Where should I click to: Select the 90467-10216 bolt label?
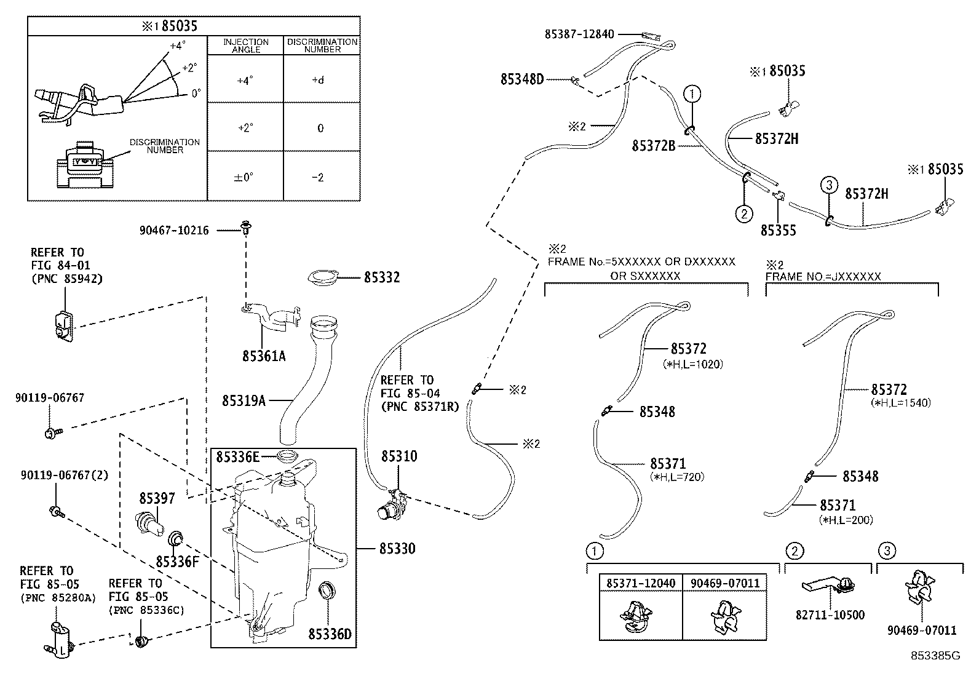point(174,231)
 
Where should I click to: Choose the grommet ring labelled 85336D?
point(327,591)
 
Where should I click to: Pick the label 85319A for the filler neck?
point(244,401)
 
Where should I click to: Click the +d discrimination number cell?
point(317,80)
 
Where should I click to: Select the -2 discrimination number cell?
point(317,177)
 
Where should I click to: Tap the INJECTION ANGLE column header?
point(245,46)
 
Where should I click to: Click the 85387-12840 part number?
point(579,34)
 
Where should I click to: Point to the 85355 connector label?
point(778,231)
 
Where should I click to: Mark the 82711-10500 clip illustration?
point(829,587)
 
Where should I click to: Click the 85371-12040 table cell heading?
point(640,583)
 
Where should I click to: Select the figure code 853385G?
point(935,656)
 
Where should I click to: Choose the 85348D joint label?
point(522,79)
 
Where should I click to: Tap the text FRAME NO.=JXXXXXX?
point(823,277)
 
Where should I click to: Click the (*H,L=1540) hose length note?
point(901,403)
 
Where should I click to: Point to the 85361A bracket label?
point(264,356)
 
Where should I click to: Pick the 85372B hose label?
point(654,146)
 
